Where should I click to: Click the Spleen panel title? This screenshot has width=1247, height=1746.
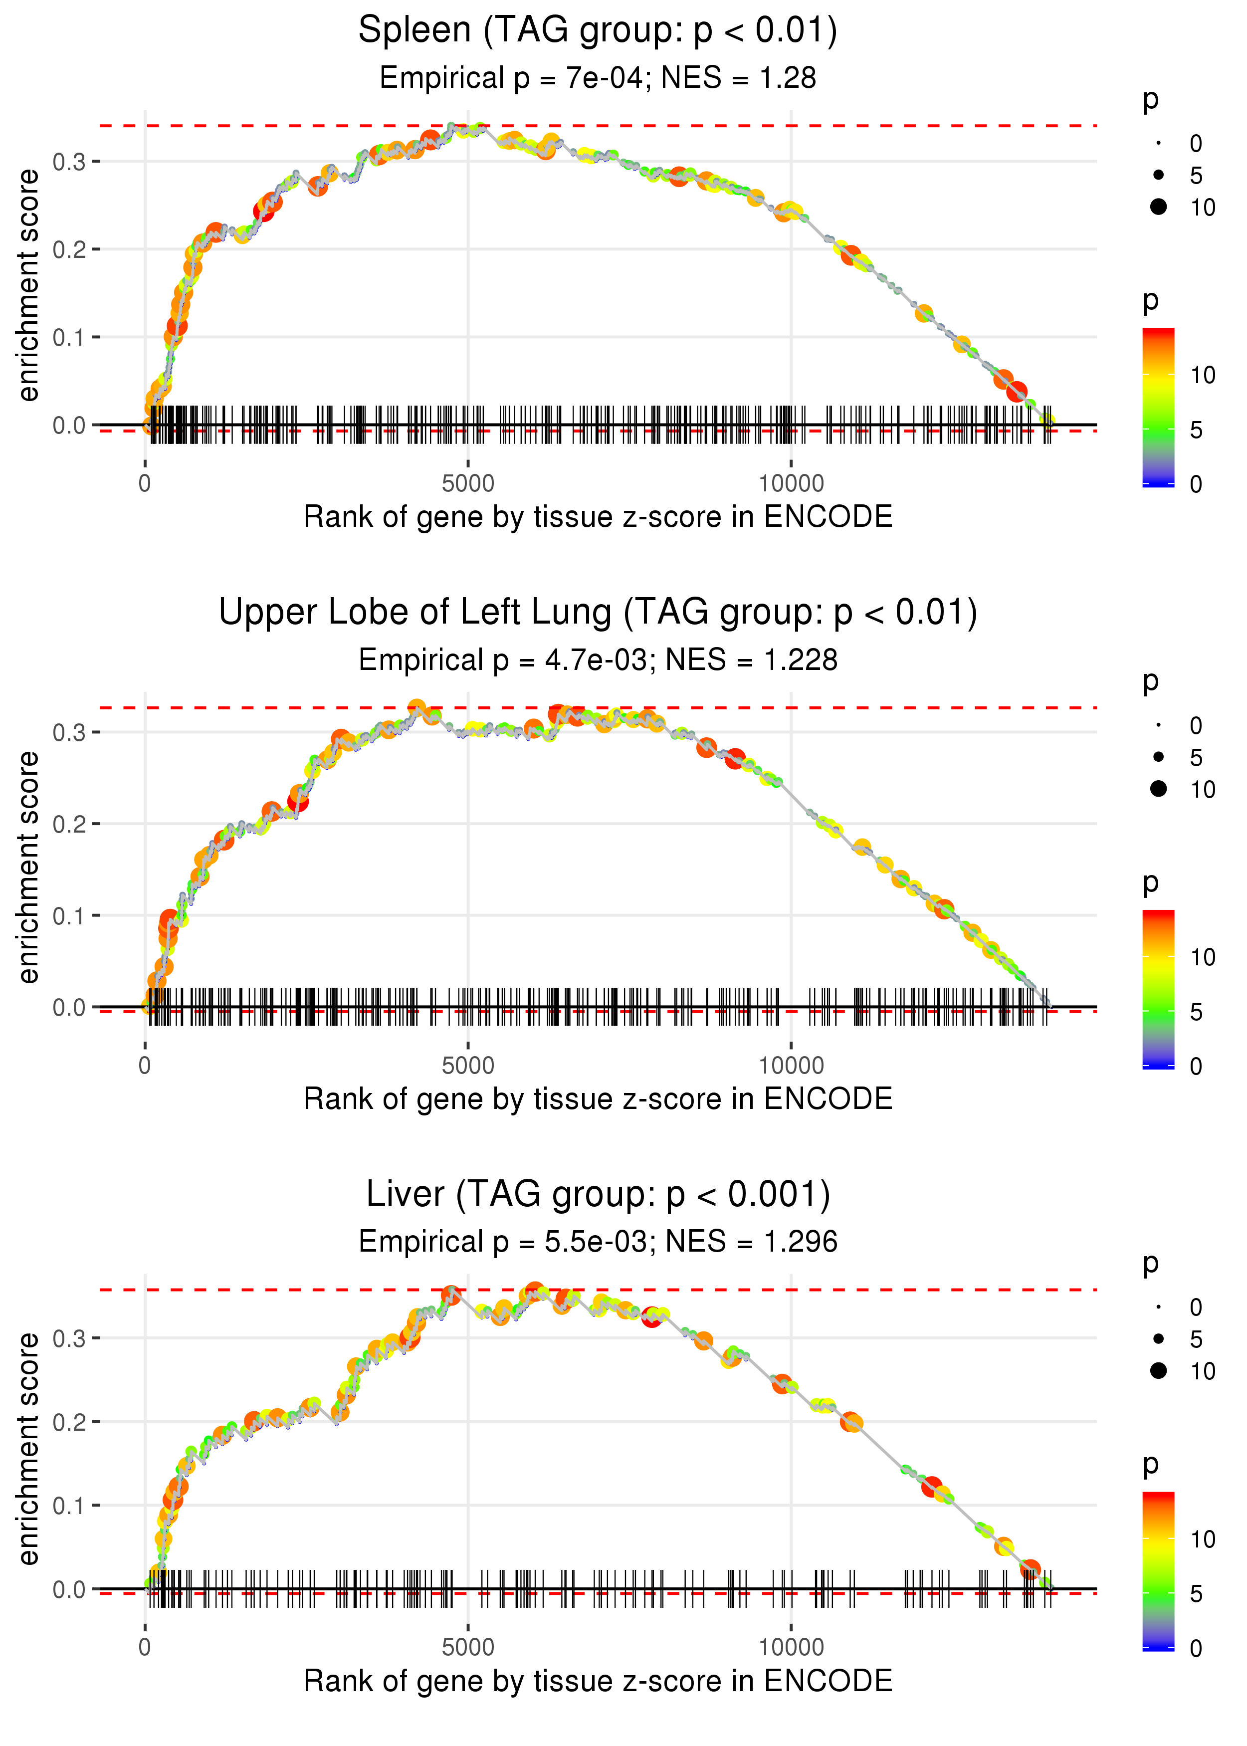pos(598,31)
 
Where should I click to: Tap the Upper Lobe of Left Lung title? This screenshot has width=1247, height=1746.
pos(598,613)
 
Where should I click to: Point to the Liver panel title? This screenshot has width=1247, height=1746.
pos(598,1195)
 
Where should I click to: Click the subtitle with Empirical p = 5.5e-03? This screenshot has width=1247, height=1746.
pos(598,1242)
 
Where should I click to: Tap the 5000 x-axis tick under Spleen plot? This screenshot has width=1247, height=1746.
pos(468,484)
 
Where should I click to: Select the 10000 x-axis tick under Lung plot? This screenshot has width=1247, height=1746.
pos(791,1066)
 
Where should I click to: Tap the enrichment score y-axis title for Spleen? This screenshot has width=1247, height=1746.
pos(28,286)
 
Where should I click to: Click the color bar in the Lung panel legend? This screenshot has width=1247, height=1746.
pos(1158,989)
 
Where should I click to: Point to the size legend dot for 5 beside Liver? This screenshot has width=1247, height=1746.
pos(1159,1339)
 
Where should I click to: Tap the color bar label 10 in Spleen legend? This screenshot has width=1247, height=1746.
pos(1203,376)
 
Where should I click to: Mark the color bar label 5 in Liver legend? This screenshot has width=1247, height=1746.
pos(1196,1594)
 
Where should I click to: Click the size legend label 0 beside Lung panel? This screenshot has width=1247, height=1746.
pos(1196,725)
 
